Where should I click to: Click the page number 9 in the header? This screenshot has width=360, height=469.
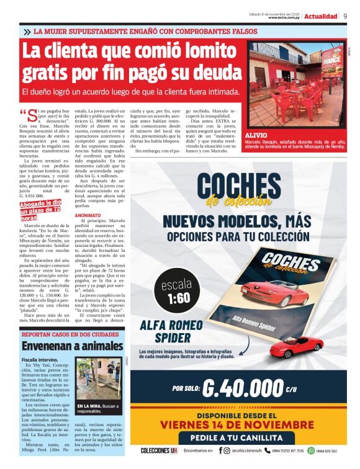pyautogui.click(x=345, y=16)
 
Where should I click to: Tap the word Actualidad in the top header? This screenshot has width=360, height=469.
pyautogui.click(x=321, y=16)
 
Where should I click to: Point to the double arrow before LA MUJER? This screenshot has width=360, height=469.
pyautogui.click(x=27, y=31)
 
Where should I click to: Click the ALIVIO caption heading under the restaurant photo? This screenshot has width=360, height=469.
pyautogui.click(x=256, y=135)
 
